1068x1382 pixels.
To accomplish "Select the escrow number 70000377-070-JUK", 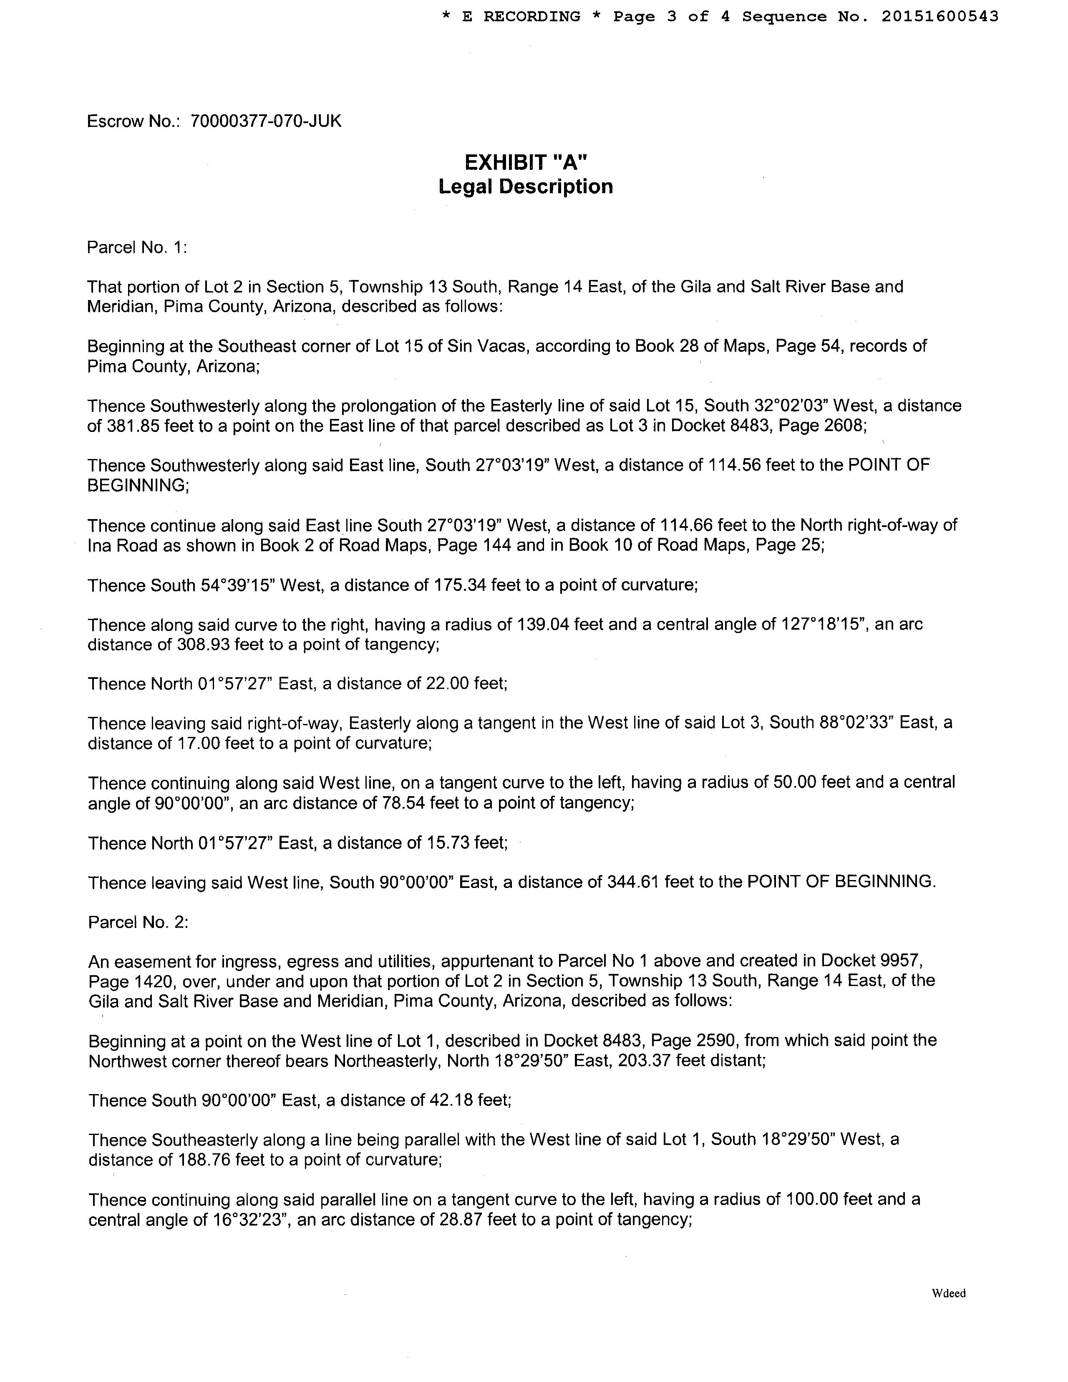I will (x=266, y=121).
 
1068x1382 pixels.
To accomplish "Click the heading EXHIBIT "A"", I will (x=526, y=163).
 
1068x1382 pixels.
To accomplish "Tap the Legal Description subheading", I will (x=526, y=187).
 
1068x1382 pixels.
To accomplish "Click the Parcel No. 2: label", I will (x=138, y=922).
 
